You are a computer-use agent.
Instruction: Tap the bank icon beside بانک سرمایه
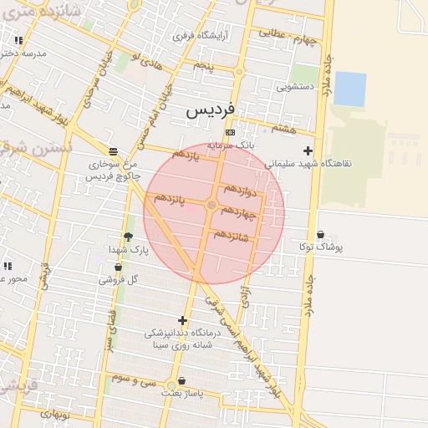230,133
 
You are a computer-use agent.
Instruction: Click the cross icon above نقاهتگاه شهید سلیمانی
308,151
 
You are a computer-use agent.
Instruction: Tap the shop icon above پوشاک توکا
321,235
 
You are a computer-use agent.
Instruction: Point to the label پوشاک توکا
321,247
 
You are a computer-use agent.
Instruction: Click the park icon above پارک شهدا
128,237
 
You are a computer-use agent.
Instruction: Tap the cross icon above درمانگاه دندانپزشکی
182,320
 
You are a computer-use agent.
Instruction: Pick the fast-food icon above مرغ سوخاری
113,151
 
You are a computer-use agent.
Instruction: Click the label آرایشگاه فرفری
201,36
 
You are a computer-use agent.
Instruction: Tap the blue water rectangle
349,89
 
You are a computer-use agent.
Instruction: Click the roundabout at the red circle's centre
211,205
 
